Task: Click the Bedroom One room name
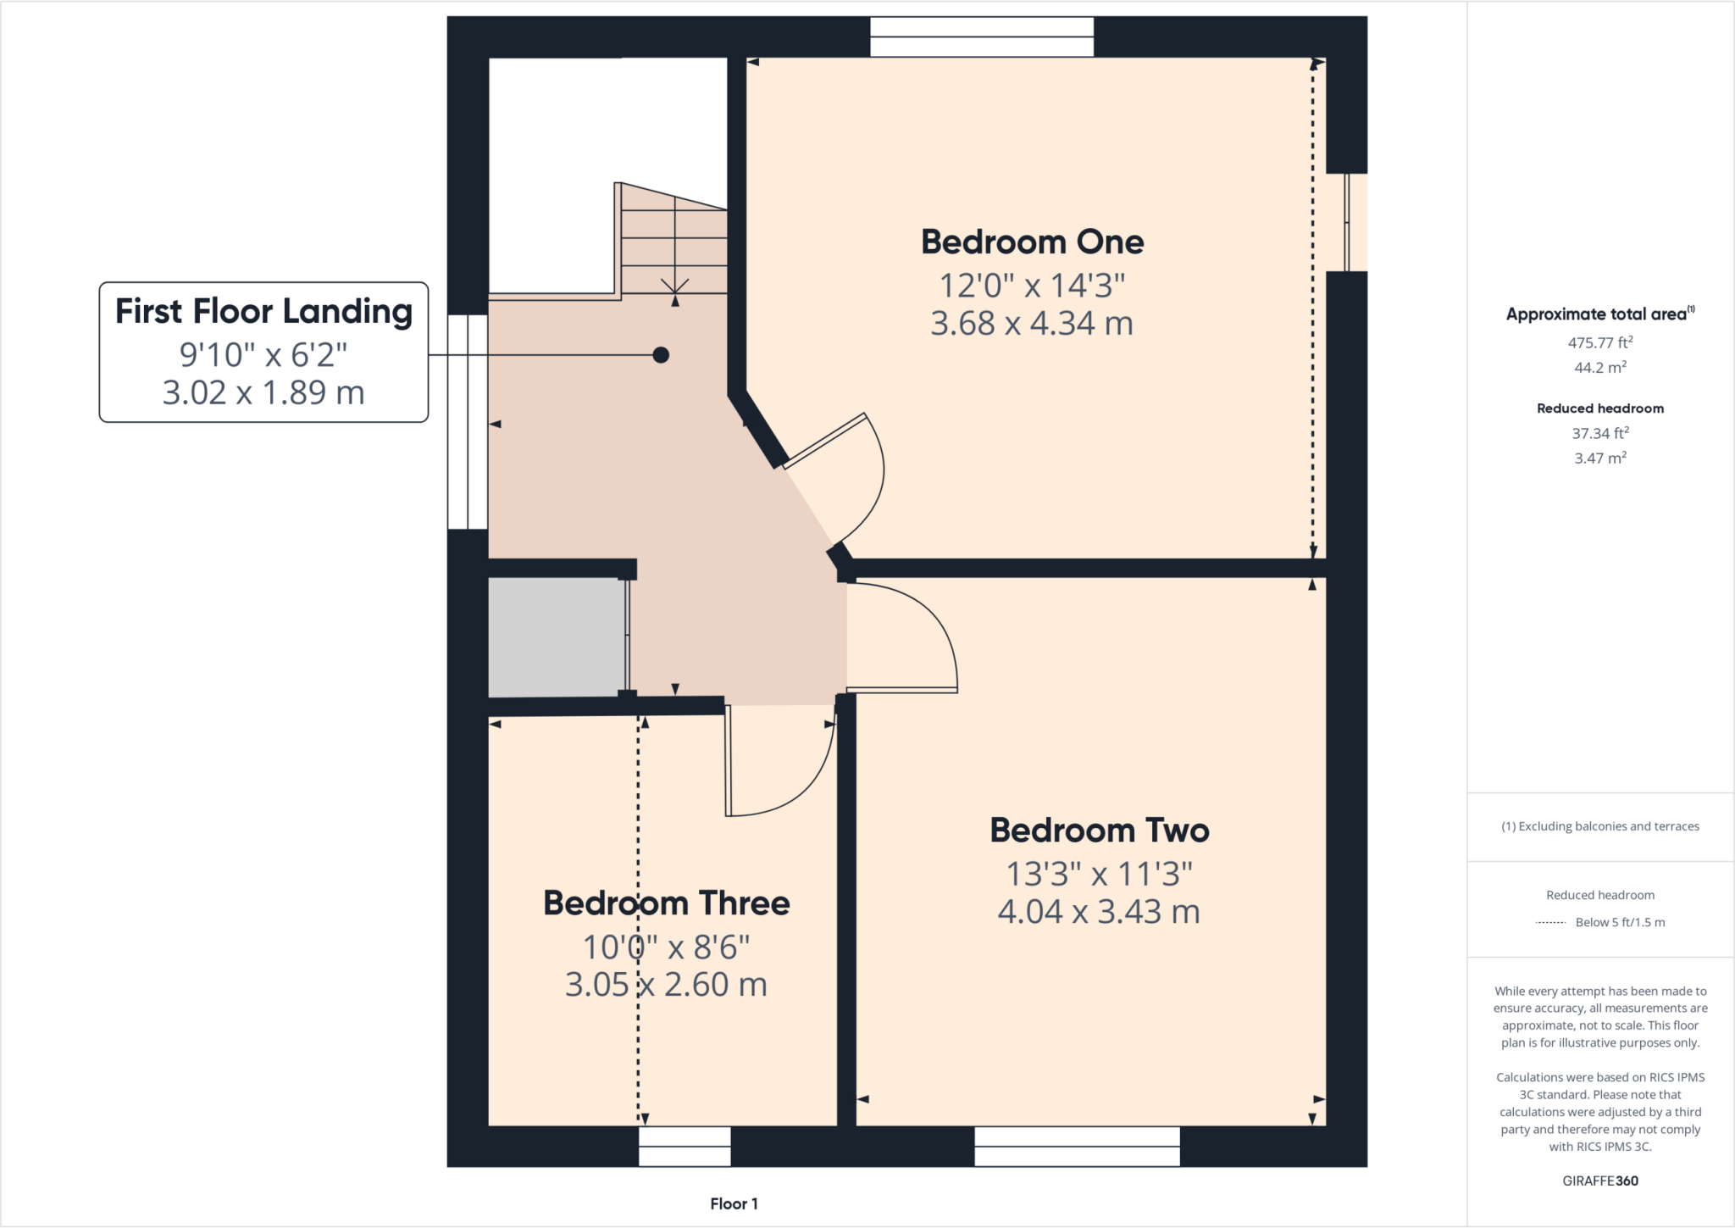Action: click(x=1032, y=242)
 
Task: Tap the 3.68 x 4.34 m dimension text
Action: click(x=1031, y=324)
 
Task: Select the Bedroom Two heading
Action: click(x=1099, y=831)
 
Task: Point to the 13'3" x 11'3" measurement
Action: click(x=1099, y=874)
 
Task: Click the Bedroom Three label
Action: click(x=666, y=903)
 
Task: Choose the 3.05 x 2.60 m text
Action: click(x=666, y=985)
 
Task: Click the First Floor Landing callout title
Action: click(x=263, y=312)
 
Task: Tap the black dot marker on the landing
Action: click(x=661, y=355)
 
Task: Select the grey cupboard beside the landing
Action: click(x=557, y=637)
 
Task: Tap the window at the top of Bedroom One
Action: click(x=982, y=37)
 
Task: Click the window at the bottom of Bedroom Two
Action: click(x=1077, y=1146)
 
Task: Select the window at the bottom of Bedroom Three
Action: click(x=685, y=1146)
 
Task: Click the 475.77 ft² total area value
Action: click(x=1599, y=343)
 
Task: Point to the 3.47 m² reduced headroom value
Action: click(x=1599, y=458)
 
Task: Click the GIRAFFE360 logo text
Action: click(x=1599, y=1181)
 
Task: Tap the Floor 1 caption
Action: click(x=734, y=1203)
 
